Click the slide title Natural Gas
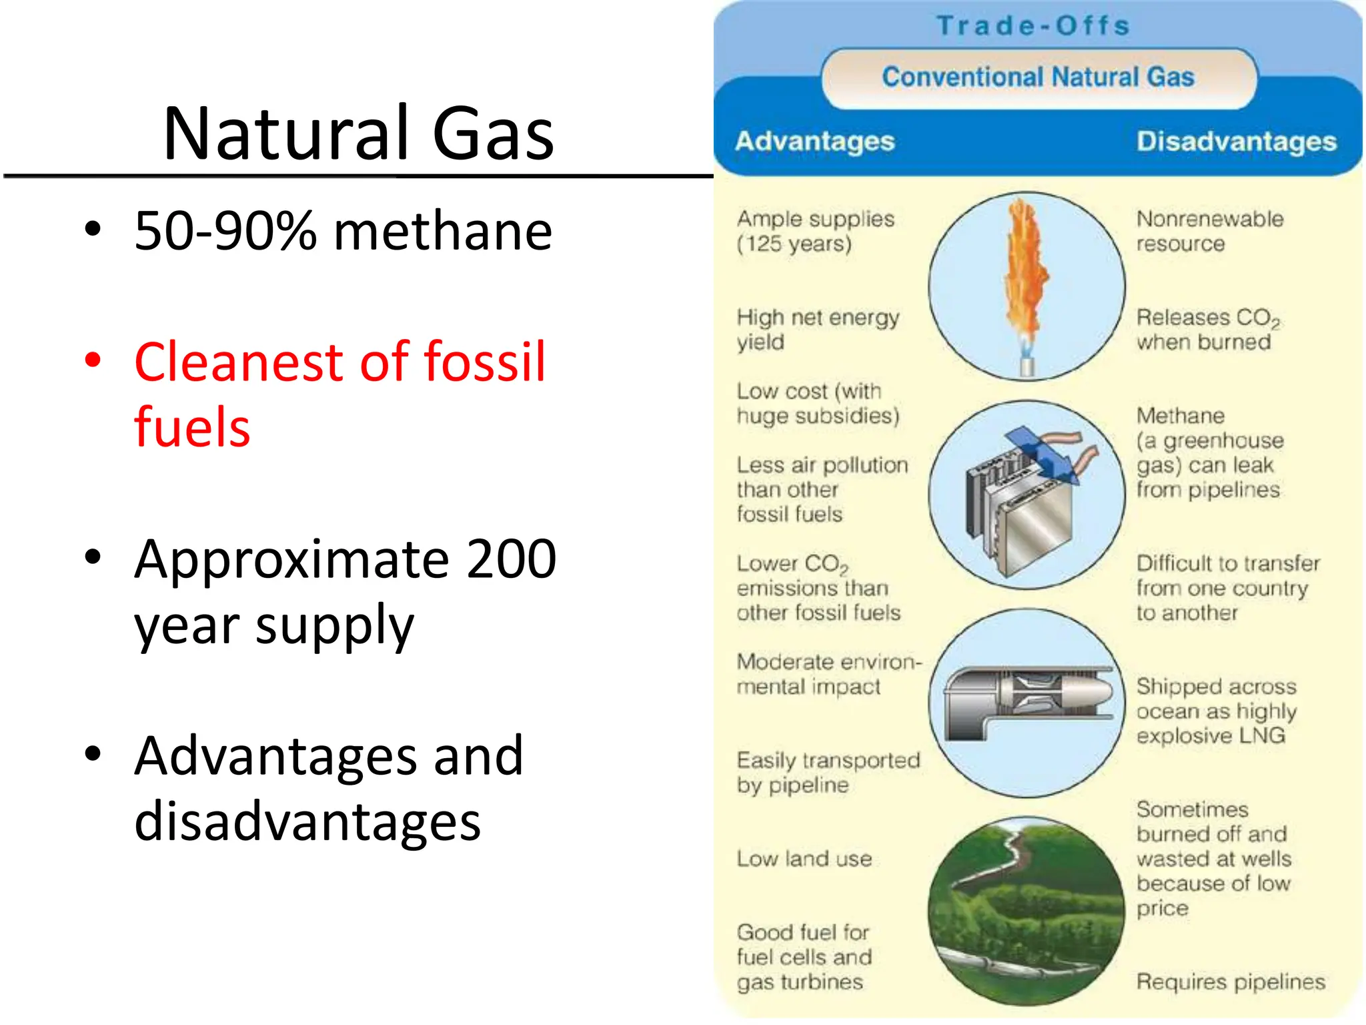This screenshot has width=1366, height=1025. coord(358,133)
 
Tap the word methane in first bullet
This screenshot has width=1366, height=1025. coord(443,231)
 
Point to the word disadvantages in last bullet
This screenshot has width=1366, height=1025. coord(307,821)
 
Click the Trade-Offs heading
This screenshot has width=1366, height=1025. coord(1033,26)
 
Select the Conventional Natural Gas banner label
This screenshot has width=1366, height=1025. coord(1038,77)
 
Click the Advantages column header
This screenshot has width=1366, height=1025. coord(814,141)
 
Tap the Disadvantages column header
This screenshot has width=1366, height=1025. coord(1236,141)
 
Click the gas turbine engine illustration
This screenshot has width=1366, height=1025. coord(1031,701)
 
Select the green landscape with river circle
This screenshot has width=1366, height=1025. coord(1027,911)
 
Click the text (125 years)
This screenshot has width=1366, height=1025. coord(794,244)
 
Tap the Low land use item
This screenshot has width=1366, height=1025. coord(804,859)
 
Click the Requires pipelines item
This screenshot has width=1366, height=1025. coord(1231,982)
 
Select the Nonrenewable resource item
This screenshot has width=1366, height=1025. coord(1209,232)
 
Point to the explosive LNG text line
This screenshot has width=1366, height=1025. coord(1211,736)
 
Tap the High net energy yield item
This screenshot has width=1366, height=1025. coord(817,330)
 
